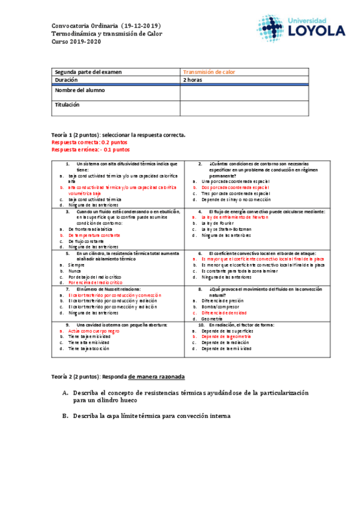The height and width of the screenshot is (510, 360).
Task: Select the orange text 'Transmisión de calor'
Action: coord(209,72)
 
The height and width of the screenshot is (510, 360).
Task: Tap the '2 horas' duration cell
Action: coord(194,79)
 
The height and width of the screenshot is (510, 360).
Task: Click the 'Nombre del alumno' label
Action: coord(80,90)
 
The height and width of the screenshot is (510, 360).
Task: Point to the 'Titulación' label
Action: coord(67,105)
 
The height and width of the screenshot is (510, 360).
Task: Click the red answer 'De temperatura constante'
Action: coord(93,235)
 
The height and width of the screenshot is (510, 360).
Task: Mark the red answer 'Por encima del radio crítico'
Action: coord(96,281)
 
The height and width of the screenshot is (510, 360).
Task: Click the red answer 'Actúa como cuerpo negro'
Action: coord(94,331)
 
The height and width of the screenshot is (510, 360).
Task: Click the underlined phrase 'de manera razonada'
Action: coord(156,376)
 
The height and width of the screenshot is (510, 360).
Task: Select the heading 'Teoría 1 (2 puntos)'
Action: coord(76,135)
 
